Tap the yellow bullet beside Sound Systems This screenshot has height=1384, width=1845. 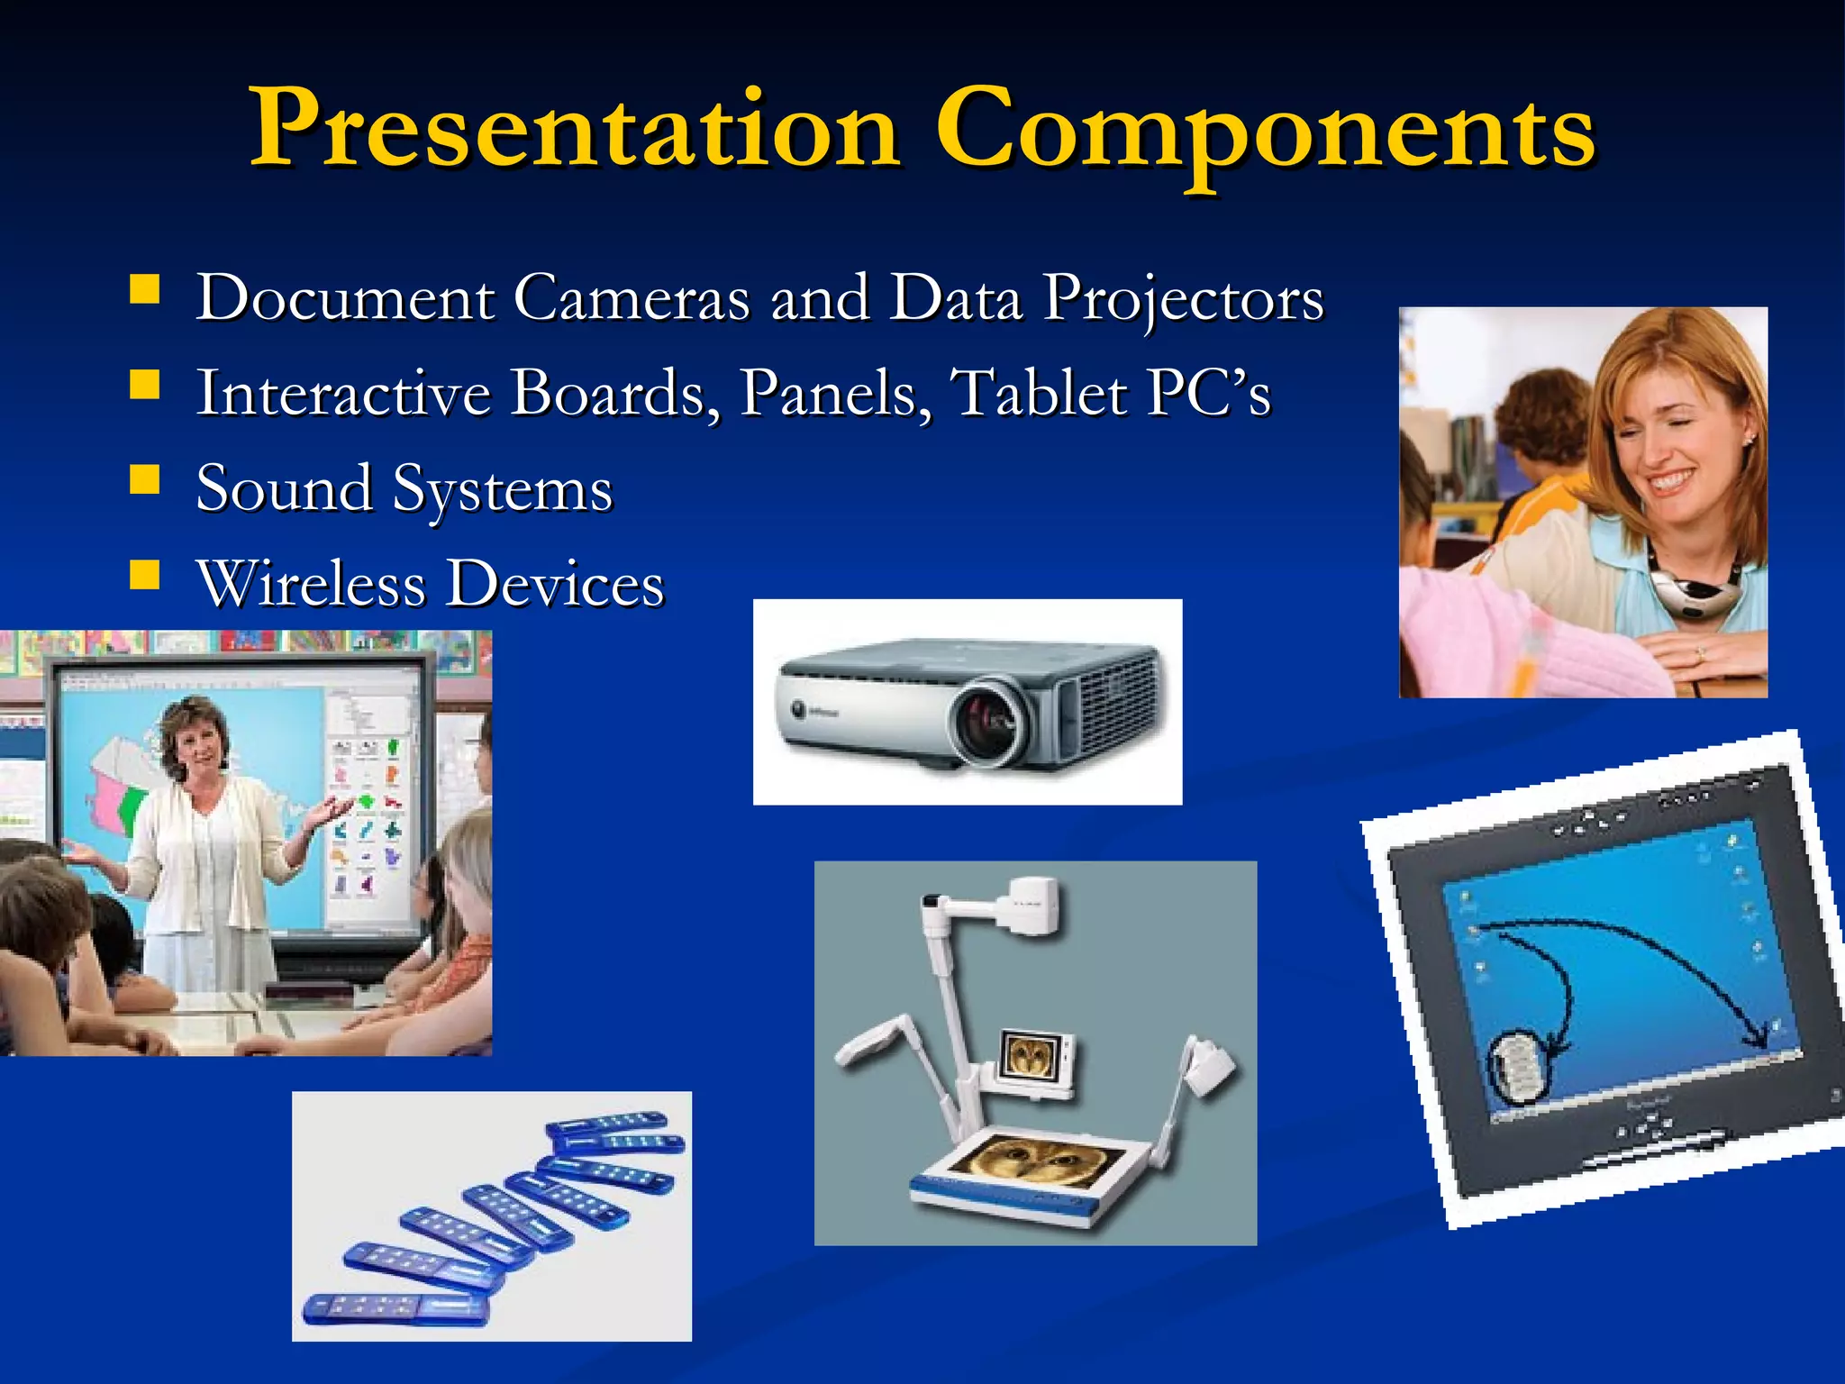point(144,479)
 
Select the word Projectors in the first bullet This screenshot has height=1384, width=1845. point(1183,297)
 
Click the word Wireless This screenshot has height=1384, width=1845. point(311,584)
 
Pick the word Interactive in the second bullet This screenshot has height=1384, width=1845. point(342,393)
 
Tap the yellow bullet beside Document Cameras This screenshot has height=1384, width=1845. point(144,289)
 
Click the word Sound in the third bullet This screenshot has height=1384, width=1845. point(284,488)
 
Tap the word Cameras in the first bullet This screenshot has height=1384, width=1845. point(631,297)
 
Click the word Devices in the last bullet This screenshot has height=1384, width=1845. point(556,584)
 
